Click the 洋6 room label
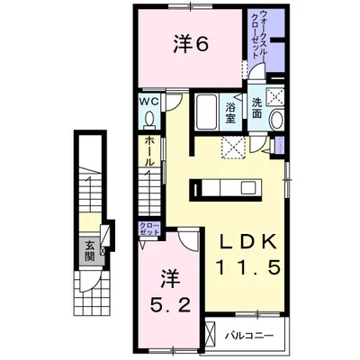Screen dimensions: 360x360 point(190,44)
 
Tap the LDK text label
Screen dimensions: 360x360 point(247,241)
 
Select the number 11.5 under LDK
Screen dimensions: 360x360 point(247,267)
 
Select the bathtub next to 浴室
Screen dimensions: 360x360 point(206,112)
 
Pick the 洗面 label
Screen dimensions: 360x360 point(256,108)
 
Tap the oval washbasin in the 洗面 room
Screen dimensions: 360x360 point(277,120)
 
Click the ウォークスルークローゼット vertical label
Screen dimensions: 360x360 point(259,34)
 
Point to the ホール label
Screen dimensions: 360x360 point(149,151)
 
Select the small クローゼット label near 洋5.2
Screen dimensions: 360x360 point(149,229)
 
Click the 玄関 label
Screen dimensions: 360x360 point(89,251)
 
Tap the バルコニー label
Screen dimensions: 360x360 point(249,335)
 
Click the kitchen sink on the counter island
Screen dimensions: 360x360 point(248,188)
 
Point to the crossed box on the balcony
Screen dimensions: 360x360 point(211,335)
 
